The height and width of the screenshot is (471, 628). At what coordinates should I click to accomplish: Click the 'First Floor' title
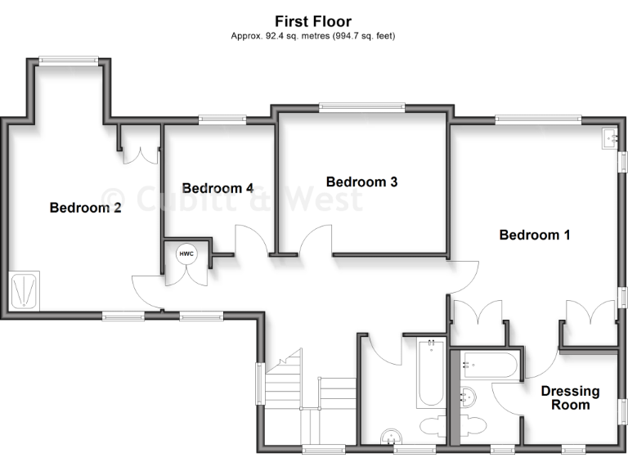[x=313, y=21]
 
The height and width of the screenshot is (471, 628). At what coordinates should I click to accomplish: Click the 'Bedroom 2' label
[x=86, y=208]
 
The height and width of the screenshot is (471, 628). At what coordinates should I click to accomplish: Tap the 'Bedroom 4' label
[x=218, y=188]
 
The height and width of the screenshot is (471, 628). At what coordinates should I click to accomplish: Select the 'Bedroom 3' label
[x=361, y=182]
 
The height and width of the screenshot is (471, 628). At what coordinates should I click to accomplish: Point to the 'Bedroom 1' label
[x=535, y=235]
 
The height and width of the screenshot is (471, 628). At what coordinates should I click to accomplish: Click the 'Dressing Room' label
[x=570, y=397]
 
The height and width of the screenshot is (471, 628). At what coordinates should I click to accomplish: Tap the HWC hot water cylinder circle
[x=186, y=254]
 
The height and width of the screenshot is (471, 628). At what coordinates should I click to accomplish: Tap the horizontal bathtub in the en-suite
[x=488, y=365]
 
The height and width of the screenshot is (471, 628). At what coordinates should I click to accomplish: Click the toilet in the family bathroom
[x=433, y=426]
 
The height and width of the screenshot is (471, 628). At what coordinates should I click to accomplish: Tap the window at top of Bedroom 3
[x=361, y=105]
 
